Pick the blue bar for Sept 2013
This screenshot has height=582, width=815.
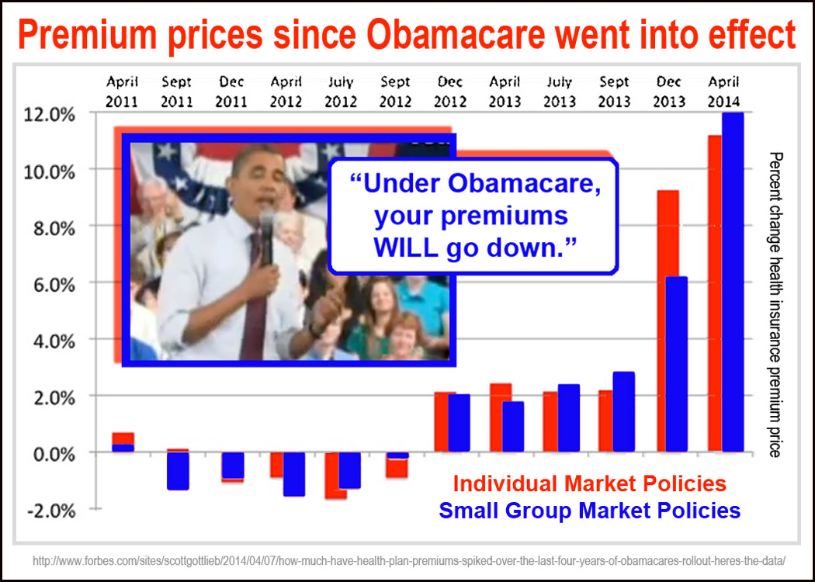(623, 411)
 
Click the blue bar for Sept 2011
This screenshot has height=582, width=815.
(178, 470)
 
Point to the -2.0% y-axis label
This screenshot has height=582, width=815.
(54, 510)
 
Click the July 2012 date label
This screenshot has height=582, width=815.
(342, 92)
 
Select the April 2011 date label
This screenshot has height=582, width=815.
(123, 92)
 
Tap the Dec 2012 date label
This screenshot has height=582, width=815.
(450, 92)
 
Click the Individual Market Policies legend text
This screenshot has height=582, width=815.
(590, 484)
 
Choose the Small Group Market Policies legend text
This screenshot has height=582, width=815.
(590, 511)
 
